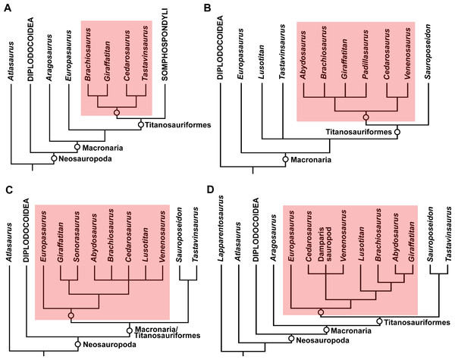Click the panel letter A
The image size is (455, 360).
(x=6, y=8)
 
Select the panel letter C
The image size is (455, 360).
(x=6, y=189)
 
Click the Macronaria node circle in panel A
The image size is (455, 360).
(x=77, y=146)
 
